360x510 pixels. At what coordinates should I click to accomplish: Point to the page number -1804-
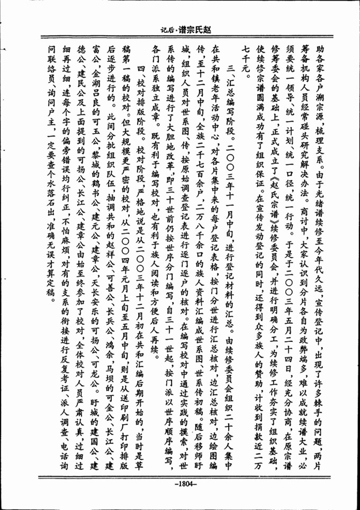181,483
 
